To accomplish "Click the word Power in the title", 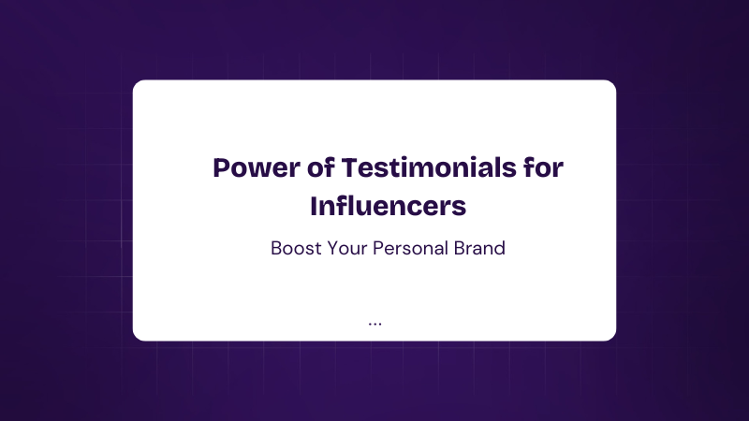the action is (x=257, y=168).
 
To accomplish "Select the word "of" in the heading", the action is (x=320, y=167).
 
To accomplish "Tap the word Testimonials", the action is (x=429, y=167).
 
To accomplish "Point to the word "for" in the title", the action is (x=544, y=167).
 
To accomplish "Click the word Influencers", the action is (x=388, y=206).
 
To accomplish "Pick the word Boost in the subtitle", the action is (x=296, y=248).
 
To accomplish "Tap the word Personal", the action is (x=410, y=248).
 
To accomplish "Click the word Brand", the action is (x=479, y=248).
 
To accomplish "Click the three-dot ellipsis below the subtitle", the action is (x=375, y=325).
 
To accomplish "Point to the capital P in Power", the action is (x=221, y=168).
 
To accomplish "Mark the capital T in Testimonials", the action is (x=350, y=168).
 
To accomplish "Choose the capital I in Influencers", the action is (x=314, y=206).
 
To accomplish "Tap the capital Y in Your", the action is (x=333, y=248).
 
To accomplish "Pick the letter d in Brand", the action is (x=499, y=248).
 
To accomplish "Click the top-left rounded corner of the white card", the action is (x=136, y=83).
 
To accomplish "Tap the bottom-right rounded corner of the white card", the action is (x=613, y=338).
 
